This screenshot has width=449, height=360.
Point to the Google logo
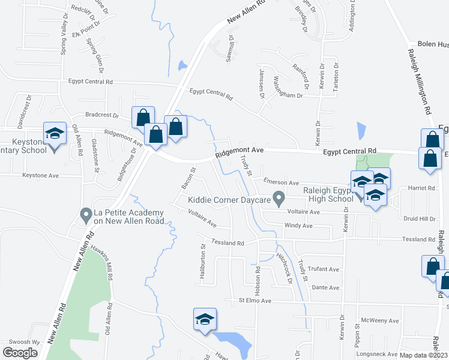(20, 353)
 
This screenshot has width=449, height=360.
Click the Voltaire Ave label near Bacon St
(202, 218)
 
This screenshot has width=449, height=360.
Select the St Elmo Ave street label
(255, 300)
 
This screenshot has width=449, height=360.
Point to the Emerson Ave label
(280, 182)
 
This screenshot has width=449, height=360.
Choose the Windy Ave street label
(298, 226)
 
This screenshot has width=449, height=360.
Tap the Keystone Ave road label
(40, 176)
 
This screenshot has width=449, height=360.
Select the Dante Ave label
(325, 287)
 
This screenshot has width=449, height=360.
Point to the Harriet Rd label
(421, 188)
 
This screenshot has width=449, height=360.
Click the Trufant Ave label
(325, 269)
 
